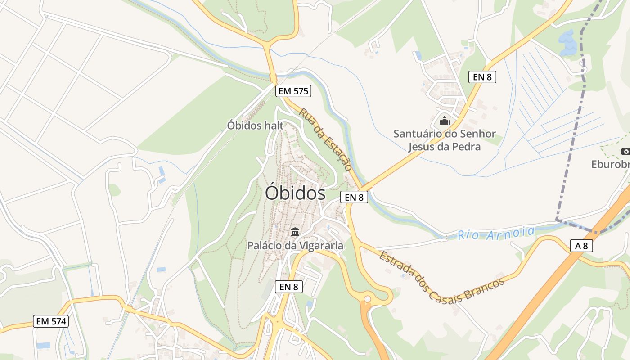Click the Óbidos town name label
(295, 193)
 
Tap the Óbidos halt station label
(255, 126)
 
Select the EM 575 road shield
(293, 91)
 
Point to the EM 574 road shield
(51, 321)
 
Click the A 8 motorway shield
(581, 246)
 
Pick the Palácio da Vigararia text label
(295, 246)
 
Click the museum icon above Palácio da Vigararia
(295, 232)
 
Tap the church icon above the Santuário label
(445, 121)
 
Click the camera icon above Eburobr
(625, 151)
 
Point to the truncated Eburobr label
(611, 165)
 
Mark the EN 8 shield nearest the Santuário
(482, 77)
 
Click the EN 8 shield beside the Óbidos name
(354, 197)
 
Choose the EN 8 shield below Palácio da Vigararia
(288, 287)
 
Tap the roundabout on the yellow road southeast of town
(368, 298)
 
